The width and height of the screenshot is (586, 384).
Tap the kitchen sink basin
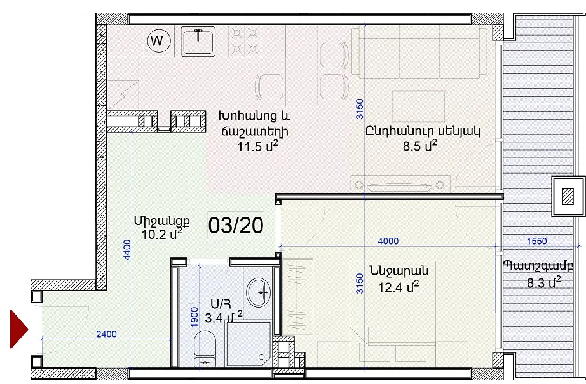pyautogui.click(x=198, y=41)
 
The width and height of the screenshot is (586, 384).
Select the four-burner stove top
pyautogui.click(x=245, y=41)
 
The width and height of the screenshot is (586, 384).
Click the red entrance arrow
pyautogui.click(x=19, y=329)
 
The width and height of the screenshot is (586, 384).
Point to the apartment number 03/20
pyautogui.click(x=236, y=226)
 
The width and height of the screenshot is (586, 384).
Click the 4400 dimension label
pyautogui.click(x=127, y=250)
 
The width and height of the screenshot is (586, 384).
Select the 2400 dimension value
pyautogui.click(x=107, y=334)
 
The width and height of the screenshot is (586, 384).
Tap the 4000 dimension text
pyautogui.click(x=388, y=241)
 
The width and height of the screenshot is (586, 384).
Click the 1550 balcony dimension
pyautogui.click(x=536, y=241)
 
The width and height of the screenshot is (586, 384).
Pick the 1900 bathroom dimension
pyautogui.click(x=194, y=317)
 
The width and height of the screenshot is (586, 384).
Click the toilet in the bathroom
pyautogui.click(x=205, y=348)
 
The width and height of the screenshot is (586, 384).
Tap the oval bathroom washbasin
pyautogui.click(x=258, y=292)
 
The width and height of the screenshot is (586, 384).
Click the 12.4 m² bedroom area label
pyautogui.click(x=399, y=287)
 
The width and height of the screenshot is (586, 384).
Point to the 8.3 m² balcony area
pyautogui.click(x=544, y=282)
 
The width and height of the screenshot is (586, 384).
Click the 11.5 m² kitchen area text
pyautogui.click(x=257, y=146)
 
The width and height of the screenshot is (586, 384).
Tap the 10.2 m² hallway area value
pyautogui.click(x=162, y=235)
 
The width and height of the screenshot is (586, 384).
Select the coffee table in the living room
pyautogui.click(x=419, y=107)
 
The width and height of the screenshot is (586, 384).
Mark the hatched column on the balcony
pyautogui.click(x=568, y=196)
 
